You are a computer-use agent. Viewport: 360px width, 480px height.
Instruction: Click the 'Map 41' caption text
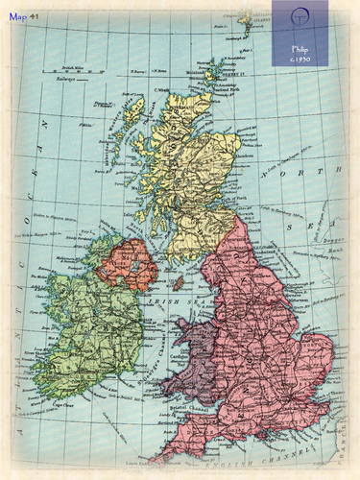click(x=24, y=16)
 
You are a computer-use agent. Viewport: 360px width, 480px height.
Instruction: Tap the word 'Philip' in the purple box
click(x=300, y=47)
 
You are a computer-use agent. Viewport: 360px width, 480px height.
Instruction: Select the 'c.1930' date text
click(x=300, y=59)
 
